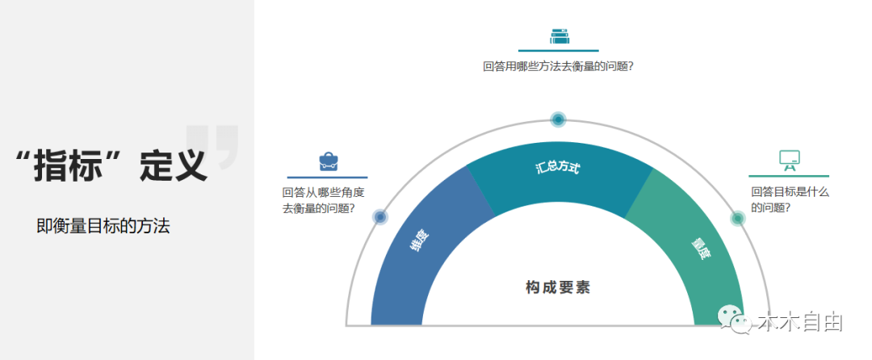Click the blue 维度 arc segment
point(420,242)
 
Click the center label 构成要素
point(558,287)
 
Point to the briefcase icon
point(328,161)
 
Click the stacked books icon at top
point(559,36)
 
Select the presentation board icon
point(789,160)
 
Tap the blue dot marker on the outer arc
point(380,216)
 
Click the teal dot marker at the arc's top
point(558,119)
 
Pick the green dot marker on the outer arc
point(737,218)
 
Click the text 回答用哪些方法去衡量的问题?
point(558,67)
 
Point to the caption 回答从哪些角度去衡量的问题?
point(318,200)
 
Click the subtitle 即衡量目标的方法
point(103,226)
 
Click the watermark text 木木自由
point(799,322)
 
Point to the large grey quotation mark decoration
point(212,146)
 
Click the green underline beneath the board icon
point(789,175)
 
